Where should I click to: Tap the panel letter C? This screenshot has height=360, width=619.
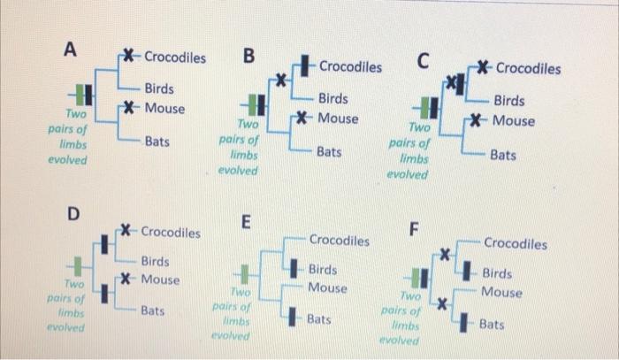click(424, 62)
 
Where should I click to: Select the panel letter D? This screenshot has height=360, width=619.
click(74, 214)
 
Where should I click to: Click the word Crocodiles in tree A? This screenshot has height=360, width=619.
click(175, 57)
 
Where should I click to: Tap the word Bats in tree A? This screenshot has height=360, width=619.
click(157, 142)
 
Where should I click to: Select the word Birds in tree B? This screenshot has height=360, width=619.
click(332, 99)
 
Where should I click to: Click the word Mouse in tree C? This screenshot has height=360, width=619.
click(514, 120)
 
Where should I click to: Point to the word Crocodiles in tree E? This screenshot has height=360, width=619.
click(340, 240)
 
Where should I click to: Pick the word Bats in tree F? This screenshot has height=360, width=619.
click(492, 325)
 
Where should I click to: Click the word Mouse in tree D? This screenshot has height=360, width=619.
click(160, 280)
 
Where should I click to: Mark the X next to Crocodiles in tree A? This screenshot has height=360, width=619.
click(131, 57)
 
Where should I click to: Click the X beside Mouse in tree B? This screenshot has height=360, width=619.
click(302, 118)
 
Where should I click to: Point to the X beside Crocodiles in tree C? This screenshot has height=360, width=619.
click(483, 67)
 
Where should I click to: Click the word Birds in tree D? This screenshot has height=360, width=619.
click(156, 261)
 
